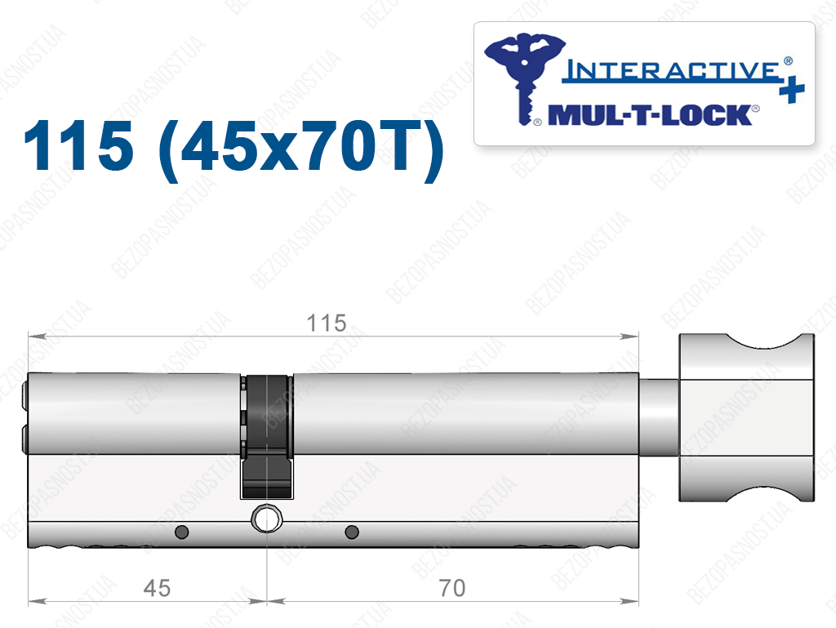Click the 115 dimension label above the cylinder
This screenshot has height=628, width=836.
click(327, 323)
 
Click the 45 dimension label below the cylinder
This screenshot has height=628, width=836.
click(157, 588)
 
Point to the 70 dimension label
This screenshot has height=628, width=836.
click(452, 588)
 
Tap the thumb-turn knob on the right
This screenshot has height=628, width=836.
click(746, 417)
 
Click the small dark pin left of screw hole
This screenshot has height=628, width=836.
click(182, 532)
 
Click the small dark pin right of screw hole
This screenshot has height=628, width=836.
click(352, 532)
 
